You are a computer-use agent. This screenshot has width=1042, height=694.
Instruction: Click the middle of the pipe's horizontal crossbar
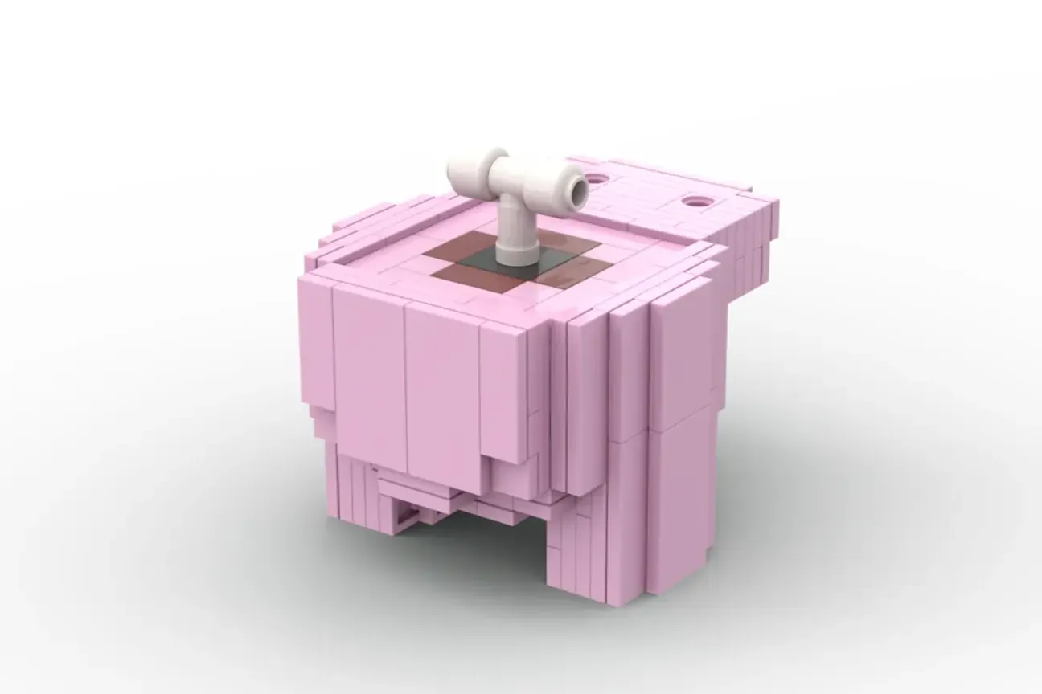pos(523,175)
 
